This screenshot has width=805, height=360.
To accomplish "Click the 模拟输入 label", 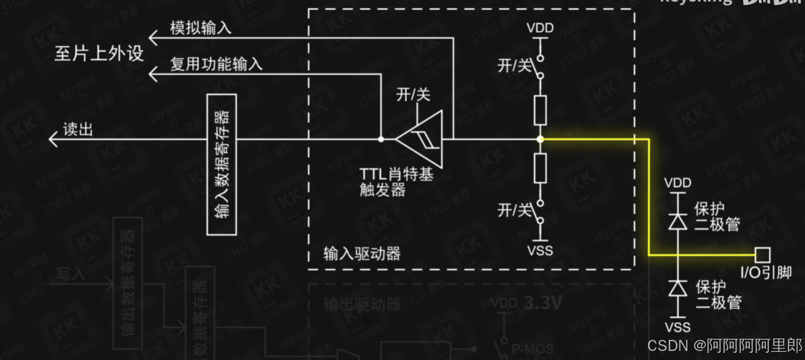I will click(200, 28).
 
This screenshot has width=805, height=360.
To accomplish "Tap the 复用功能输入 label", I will click(216, 64).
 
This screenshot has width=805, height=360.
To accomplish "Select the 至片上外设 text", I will click(99, 53).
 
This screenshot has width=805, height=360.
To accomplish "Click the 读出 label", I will click(78, 130).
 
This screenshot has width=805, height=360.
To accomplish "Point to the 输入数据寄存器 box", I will click(221, 164).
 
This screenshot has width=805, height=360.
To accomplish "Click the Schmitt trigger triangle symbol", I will click(422, 139).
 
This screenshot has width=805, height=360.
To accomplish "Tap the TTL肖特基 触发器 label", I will click(396, 182).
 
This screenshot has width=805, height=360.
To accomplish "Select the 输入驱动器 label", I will click(362, 254).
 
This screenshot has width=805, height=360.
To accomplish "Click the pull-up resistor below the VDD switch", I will click(540, 110).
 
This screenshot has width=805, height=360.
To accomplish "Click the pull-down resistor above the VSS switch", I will click(540, 168).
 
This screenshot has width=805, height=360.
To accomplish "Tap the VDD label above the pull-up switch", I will click(540, 28).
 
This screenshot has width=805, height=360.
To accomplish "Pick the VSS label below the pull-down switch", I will click(540, 250).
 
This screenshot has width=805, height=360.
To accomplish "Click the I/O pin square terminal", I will click(762, 255).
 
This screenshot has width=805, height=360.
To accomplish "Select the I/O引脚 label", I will click(766, 273).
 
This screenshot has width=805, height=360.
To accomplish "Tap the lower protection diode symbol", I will click(678, 289).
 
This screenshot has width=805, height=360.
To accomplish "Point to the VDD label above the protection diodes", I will click(678, 183).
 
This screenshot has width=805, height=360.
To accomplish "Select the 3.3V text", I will click(542, 303).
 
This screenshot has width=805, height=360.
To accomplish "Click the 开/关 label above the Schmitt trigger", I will click(413, 94).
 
